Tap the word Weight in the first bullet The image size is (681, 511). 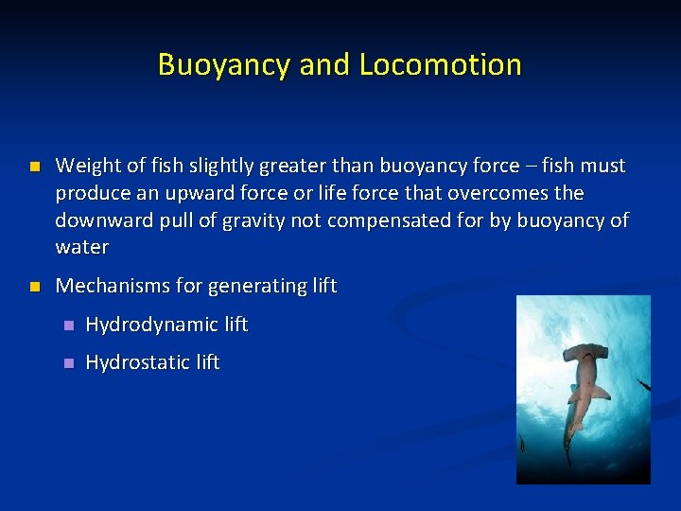point(86,166)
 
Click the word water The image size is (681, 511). point(82,248)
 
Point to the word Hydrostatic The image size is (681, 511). point(138,362)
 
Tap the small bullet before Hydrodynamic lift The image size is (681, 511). point(66,326)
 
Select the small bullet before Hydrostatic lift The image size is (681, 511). point(66,363)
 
